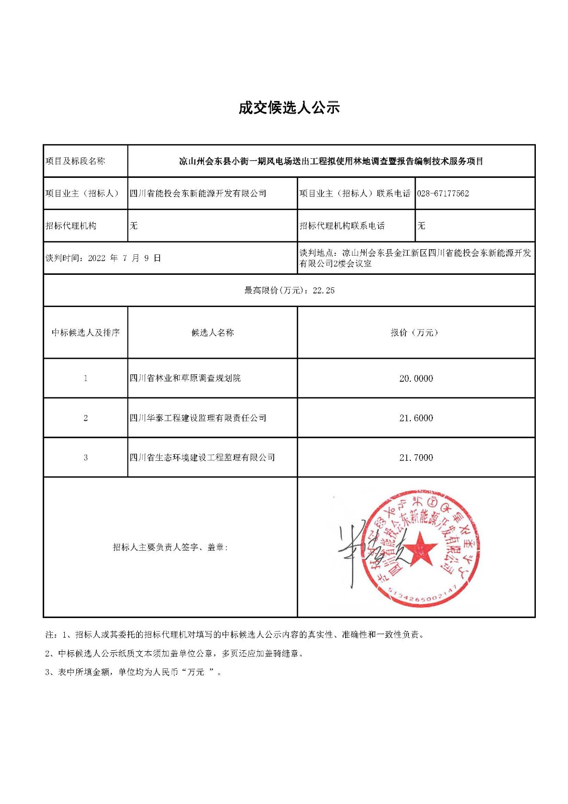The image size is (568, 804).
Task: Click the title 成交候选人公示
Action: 289,108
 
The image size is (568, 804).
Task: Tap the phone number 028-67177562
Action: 442,193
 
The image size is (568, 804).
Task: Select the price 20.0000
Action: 416,378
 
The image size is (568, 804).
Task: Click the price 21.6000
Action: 416,418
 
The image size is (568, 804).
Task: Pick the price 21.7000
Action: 416,458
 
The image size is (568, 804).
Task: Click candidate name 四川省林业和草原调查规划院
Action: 185,378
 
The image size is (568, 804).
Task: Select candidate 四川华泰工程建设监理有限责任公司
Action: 198,418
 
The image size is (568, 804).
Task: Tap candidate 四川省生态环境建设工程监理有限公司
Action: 202,458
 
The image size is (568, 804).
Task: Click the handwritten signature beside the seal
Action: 352,553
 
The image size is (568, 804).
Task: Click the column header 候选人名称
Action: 212,333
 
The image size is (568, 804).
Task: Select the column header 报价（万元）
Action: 415,333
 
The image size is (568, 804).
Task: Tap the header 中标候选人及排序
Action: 85,333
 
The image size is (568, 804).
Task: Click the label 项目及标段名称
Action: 75,161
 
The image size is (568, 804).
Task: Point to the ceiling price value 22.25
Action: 323,290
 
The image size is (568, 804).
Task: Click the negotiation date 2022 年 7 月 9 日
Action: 125,258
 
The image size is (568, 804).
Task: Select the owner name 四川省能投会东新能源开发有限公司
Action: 198,193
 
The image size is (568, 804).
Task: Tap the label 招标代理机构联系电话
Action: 342,226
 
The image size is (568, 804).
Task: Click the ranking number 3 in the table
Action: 85,458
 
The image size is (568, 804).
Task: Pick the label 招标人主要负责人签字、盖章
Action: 170,547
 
